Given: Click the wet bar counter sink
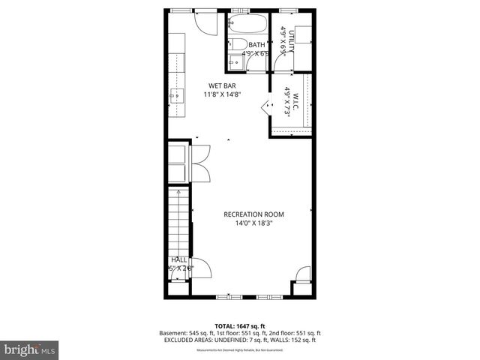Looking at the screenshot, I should [176, 95].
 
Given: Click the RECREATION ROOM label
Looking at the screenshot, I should [253, 214].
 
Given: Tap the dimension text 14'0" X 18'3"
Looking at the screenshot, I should [253, 223].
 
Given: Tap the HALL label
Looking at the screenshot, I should [180, 259].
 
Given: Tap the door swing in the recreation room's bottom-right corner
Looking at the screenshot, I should [302, 273].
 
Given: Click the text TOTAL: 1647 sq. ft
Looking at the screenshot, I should [240, 325].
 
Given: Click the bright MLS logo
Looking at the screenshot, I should [30, 349].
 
